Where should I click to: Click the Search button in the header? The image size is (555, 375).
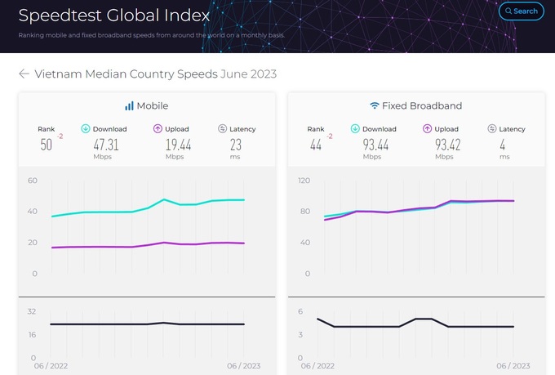(520, 11)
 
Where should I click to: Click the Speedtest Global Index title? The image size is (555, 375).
(113, 15)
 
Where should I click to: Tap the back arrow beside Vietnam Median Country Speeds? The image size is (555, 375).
(24, 74)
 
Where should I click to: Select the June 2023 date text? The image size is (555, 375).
(249, 74)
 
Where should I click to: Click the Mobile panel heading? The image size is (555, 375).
(146, 106)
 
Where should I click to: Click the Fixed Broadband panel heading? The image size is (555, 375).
(415, 106)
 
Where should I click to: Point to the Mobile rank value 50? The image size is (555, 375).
(46, 145)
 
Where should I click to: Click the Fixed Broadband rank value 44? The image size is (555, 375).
(315, 145)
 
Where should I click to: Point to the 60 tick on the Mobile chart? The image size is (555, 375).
(33, 181)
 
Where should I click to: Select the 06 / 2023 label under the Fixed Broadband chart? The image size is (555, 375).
(513, 366)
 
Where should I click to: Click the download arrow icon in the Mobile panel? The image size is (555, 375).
(85, 129)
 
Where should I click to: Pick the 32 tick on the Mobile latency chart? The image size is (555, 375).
(33, 311)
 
